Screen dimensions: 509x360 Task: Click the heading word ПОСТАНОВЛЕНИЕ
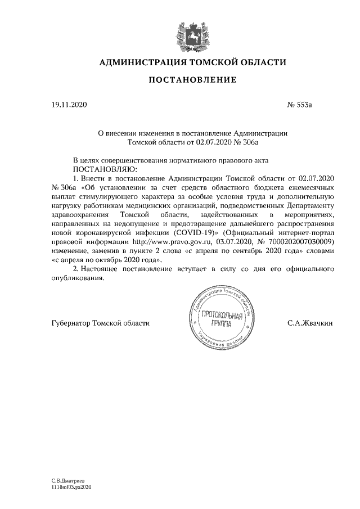(192, 80)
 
